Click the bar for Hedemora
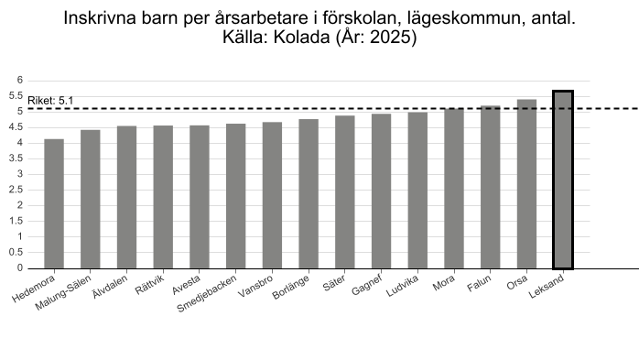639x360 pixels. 54,204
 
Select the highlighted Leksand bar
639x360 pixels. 563,180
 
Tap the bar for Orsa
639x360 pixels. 527,184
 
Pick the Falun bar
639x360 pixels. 491,187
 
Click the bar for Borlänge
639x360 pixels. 309,193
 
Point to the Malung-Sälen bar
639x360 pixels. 91,199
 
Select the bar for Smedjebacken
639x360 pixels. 236,196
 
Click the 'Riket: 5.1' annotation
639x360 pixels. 50,101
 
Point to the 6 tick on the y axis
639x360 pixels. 20,81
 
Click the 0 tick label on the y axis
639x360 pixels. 20,267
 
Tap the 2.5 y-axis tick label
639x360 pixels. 16,190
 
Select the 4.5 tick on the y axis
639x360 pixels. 16,127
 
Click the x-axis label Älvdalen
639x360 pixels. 110,287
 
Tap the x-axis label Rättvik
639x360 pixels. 149,285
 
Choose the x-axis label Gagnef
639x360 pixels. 367,285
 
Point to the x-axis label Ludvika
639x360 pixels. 402,286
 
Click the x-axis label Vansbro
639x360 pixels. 255,287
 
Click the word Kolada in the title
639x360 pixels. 301,38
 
